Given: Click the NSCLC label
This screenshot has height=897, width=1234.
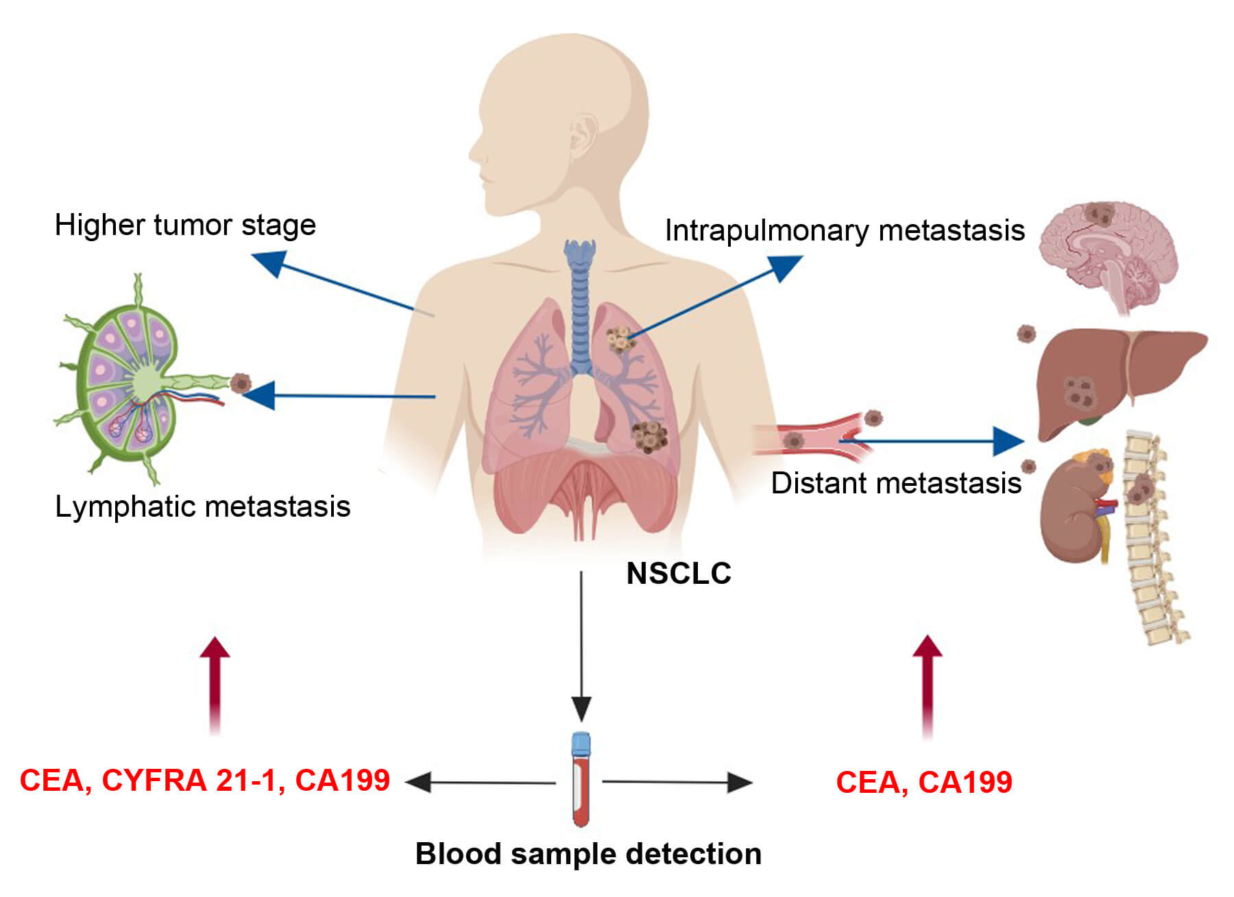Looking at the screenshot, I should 678,574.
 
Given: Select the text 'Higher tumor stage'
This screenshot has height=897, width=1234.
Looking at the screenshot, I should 185,225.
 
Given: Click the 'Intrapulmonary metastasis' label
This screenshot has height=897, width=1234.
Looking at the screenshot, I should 844,230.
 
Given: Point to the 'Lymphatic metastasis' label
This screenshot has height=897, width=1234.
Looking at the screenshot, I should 202,507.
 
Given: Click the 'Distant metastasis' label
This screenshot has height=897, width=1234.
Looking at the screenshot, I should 895,483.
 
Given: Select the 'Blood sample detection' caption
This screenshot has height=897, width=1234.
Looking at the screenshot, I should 588,854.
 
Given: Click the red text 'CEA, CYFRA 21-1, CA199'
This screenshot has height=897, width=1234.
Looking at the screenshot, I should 204,781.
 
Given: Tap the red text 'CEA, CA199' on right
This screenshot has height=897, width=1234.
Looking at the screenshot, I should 923,783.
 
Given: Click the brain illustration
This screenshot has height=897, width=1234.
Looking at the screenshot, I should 1107,257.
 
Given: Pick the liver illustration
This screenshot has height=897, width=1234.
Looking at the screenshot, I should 1111,377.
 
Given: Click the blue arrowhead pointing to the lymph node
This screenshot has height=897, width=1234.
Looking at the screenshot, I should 259,395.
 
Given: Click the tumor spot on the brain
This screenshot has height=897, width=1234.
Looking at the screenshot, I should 1101,214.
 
